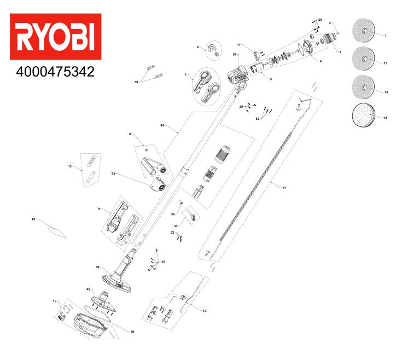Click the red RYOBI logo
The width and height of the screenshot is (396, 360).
pyautogui.click(x=56, y=37)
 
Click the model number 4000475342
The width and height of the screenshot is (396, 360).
pyautogui.click(x=55, y=72)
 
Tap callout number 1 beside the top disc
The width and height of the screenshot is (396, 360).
pyautogui.click(x=386, y=36)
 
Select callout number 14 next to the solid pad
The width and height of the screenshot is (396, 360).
pyautogui.click(x=385, y=118)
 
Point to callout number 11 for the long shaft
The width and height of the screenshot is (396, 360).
pyautogui.click(x=284, y=188)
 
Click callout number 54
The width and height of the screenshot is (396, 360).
pyautogui.click(x=162, y=125)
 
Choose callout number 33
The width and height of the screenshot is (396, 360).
pyautogui.click(x=113, y=173)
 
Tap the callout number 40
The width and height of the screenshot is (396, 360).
pyautogui.click(x=97, y=267)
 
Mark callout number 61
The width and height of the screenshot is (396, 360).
pyautogui.click(x=33, y=219)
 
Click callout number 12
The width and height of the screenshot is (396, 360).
pyautogui.click(x=205, y=310)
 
